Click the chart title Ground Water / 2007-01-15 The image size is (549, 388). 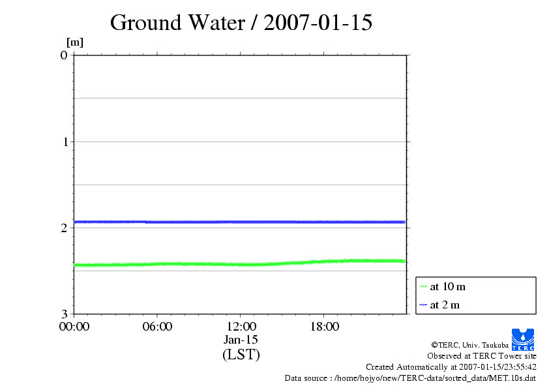pos(241,23)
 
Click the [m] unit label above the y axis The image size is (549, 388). pos(75,42)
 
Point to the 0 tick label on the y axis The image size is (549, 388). pos(64,55)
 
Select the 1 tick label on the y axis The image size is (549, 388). pos(64,142)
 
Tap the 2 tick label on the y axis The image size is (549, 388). pos(64,228)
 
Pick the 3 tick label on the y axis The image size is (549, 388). pos(64,314)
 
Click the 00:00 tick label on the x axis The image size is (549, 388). pos(74,327)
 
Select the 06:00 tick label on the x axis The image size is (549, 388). pos(157,327)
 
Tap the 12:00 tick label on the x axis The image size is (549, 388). pos(241,327)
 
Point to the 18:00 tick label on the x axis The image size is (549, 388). pos(324,327)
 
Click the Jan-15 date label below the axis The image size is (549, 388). pos(241,340)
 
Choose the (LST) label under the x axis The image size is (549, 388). pos(241,355)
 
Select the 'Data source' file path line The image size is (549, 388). pos(410,378)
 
